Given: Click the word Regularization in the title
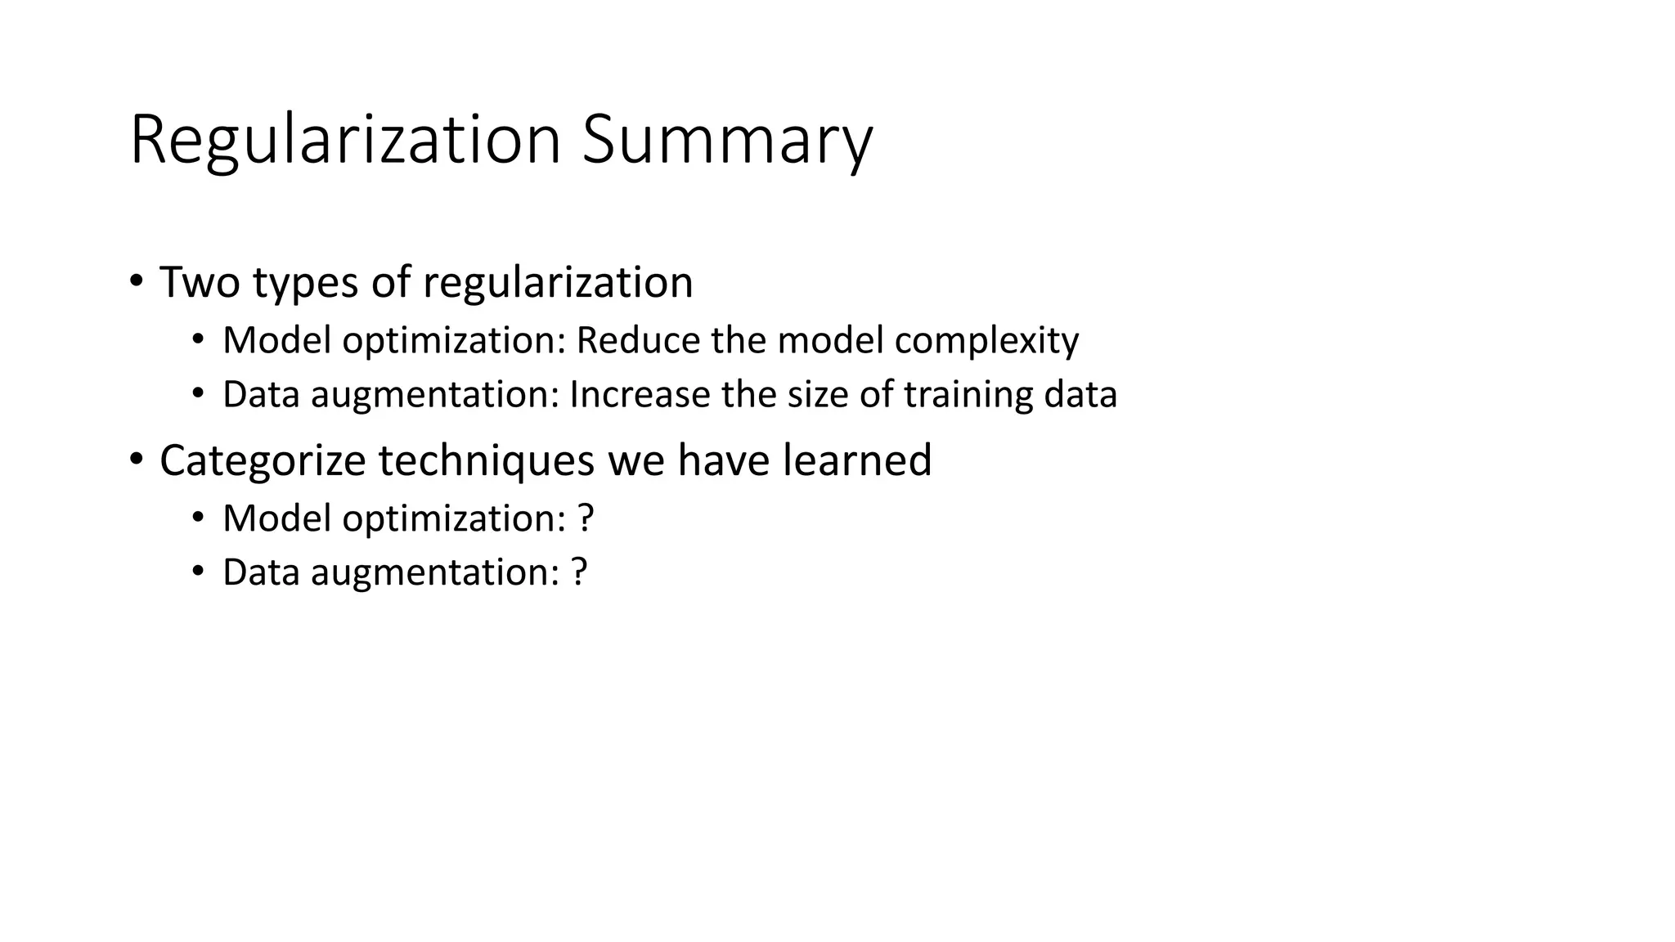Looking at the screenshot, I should [344, 141].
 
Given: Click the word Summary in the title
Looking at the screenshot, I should [727, 141].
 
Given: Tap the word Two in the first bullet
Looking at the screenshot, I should [200, 282].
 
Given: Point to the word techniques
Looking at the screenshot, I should [486, 460].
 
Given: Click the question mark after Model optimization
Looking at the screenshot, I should [585, 518].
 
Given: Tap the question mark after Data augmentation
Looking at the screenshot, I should [578, 572].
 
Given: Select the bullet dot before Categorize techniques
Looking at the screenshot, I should [136, 460].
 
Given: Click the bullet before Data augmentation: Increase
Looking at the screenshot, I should [198, 395].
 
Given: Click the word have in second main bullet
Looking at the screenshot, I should [723, 460].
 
